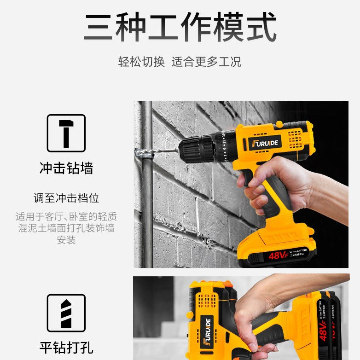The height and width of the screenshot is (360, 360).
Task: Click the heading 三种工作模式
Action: pyautogui.click(x=180, y=28)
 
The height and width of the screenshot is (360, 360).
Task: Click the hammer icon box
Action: pyautogui.click(x=66, y=133)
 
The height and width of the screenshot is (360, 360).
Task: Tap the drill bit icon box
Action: pyautogui.click(x=66, y=313)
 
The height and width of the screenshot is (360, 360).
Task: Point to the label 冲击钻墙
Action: pyautogui.click(x=66, y=168)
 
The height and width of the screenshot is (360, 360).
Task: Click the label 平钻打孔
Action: pyautogui.click(x=66, y=348)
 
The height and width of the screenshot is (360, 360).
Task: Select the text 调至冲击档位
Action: pyautogui.click(x=66, y=198)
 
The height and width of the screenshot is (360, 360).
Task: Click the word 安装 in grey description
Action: pyautogui.click(x=66, y=240)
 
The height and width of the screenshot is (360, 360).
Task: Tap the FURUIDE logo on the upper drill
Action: pyautogui.click(x=264, y=143)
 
